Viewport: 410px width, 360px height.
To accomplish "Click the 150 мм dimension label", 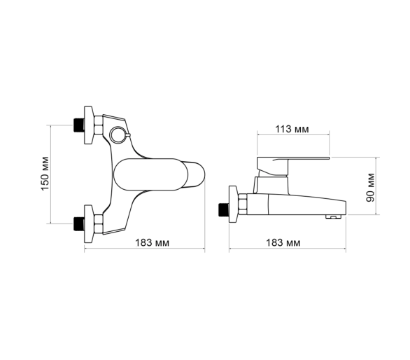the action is click(x=45, y=173).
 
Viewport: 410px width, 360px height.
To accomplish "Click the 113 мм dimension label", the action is click(x=292, y=129).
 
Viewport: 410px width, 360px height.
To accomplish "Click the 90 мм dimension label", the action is click(x=370, y=187).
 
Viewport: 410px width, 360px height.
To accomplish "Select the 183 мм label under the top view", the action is click(x=153, y=243).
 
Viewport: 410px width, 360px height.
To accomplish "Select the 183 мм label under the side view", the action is click(x=283, y=243).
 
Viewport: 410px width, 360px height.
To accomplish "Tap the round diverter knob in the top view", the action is click(x=118, y=135).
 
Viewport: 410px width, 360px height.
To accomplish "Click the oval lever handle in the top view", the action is click(x=150, y=174).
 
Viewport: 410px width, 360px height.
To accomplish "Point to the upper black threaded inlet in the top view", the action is click(x=78, y=125).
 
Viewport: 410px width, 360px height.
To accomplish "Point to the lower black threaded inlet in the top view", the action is click(x=78, y=224).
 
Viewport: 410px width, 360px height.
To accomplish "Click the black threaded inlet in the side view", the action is click(x=224, y=209).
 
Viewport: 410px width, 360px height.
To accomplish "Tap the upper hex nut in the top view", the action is click(x=99, y=125).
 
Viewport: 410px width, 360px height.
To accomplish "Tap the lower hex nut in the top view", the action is click(x=99, y=224).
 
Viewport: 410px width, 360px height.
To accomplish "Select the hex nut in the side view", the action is click(x=243, y=205).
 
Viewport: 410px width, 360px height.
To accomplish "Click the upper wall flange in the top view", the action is click(x=88, y=125).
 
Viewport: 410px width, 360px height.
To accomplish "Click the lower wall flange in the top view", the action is click(x=88, y=224).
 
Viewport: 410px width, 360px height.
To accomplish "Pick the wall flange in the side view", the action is click(x=234, y=205).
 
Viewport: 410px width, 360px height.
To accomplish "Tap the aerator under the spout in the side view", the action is click(x=334, y=216).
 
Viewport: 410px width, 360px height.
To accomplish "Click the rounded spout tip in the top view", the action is click(x=197, y=174).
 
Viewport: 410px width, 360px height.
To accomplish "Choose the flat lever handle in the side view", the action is click(x=293, y=166).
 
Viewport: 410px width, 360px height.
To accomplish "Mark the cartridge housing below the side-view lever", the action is click(x=271, y=186).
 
